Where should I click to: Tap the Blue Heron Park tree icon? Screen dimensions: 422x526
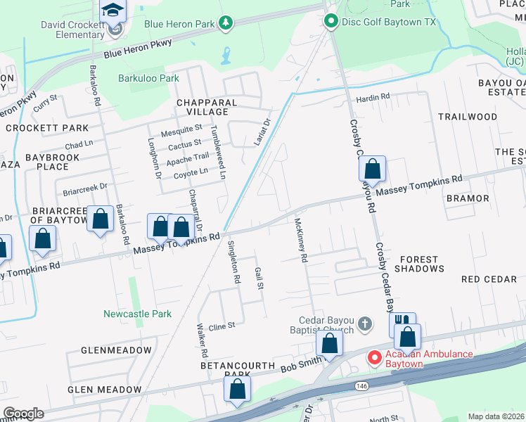coord(226,24)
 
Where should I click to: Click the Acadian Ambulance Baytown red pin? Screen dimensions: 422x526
coord(374,358)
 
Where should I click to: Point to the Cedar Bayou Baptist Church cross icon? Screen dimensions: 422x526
coord(364,324)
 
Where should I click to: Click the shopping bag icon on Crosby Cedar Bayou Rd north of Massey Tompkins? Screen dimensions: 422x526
coord(372,170)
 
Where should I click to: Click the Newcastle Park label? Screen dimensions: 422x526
coord(137,314)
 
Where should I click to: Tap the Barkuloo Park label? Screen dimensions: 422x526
coord(148,79)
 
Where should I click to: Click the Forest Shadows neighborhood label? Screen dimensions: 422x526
coord(422,264)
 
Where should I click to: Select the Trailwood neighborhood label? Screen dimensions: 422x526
coord(468,117)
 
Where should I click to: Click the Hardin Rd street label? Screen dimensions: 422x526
coord(372,97)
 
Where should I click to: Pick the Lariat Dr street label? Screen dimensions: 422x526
coord(261,133)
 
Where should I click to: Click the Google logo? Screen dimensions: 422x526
coord(23,413)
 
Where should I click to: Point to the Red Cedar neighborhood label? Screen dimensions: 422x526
coord(489,279)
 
